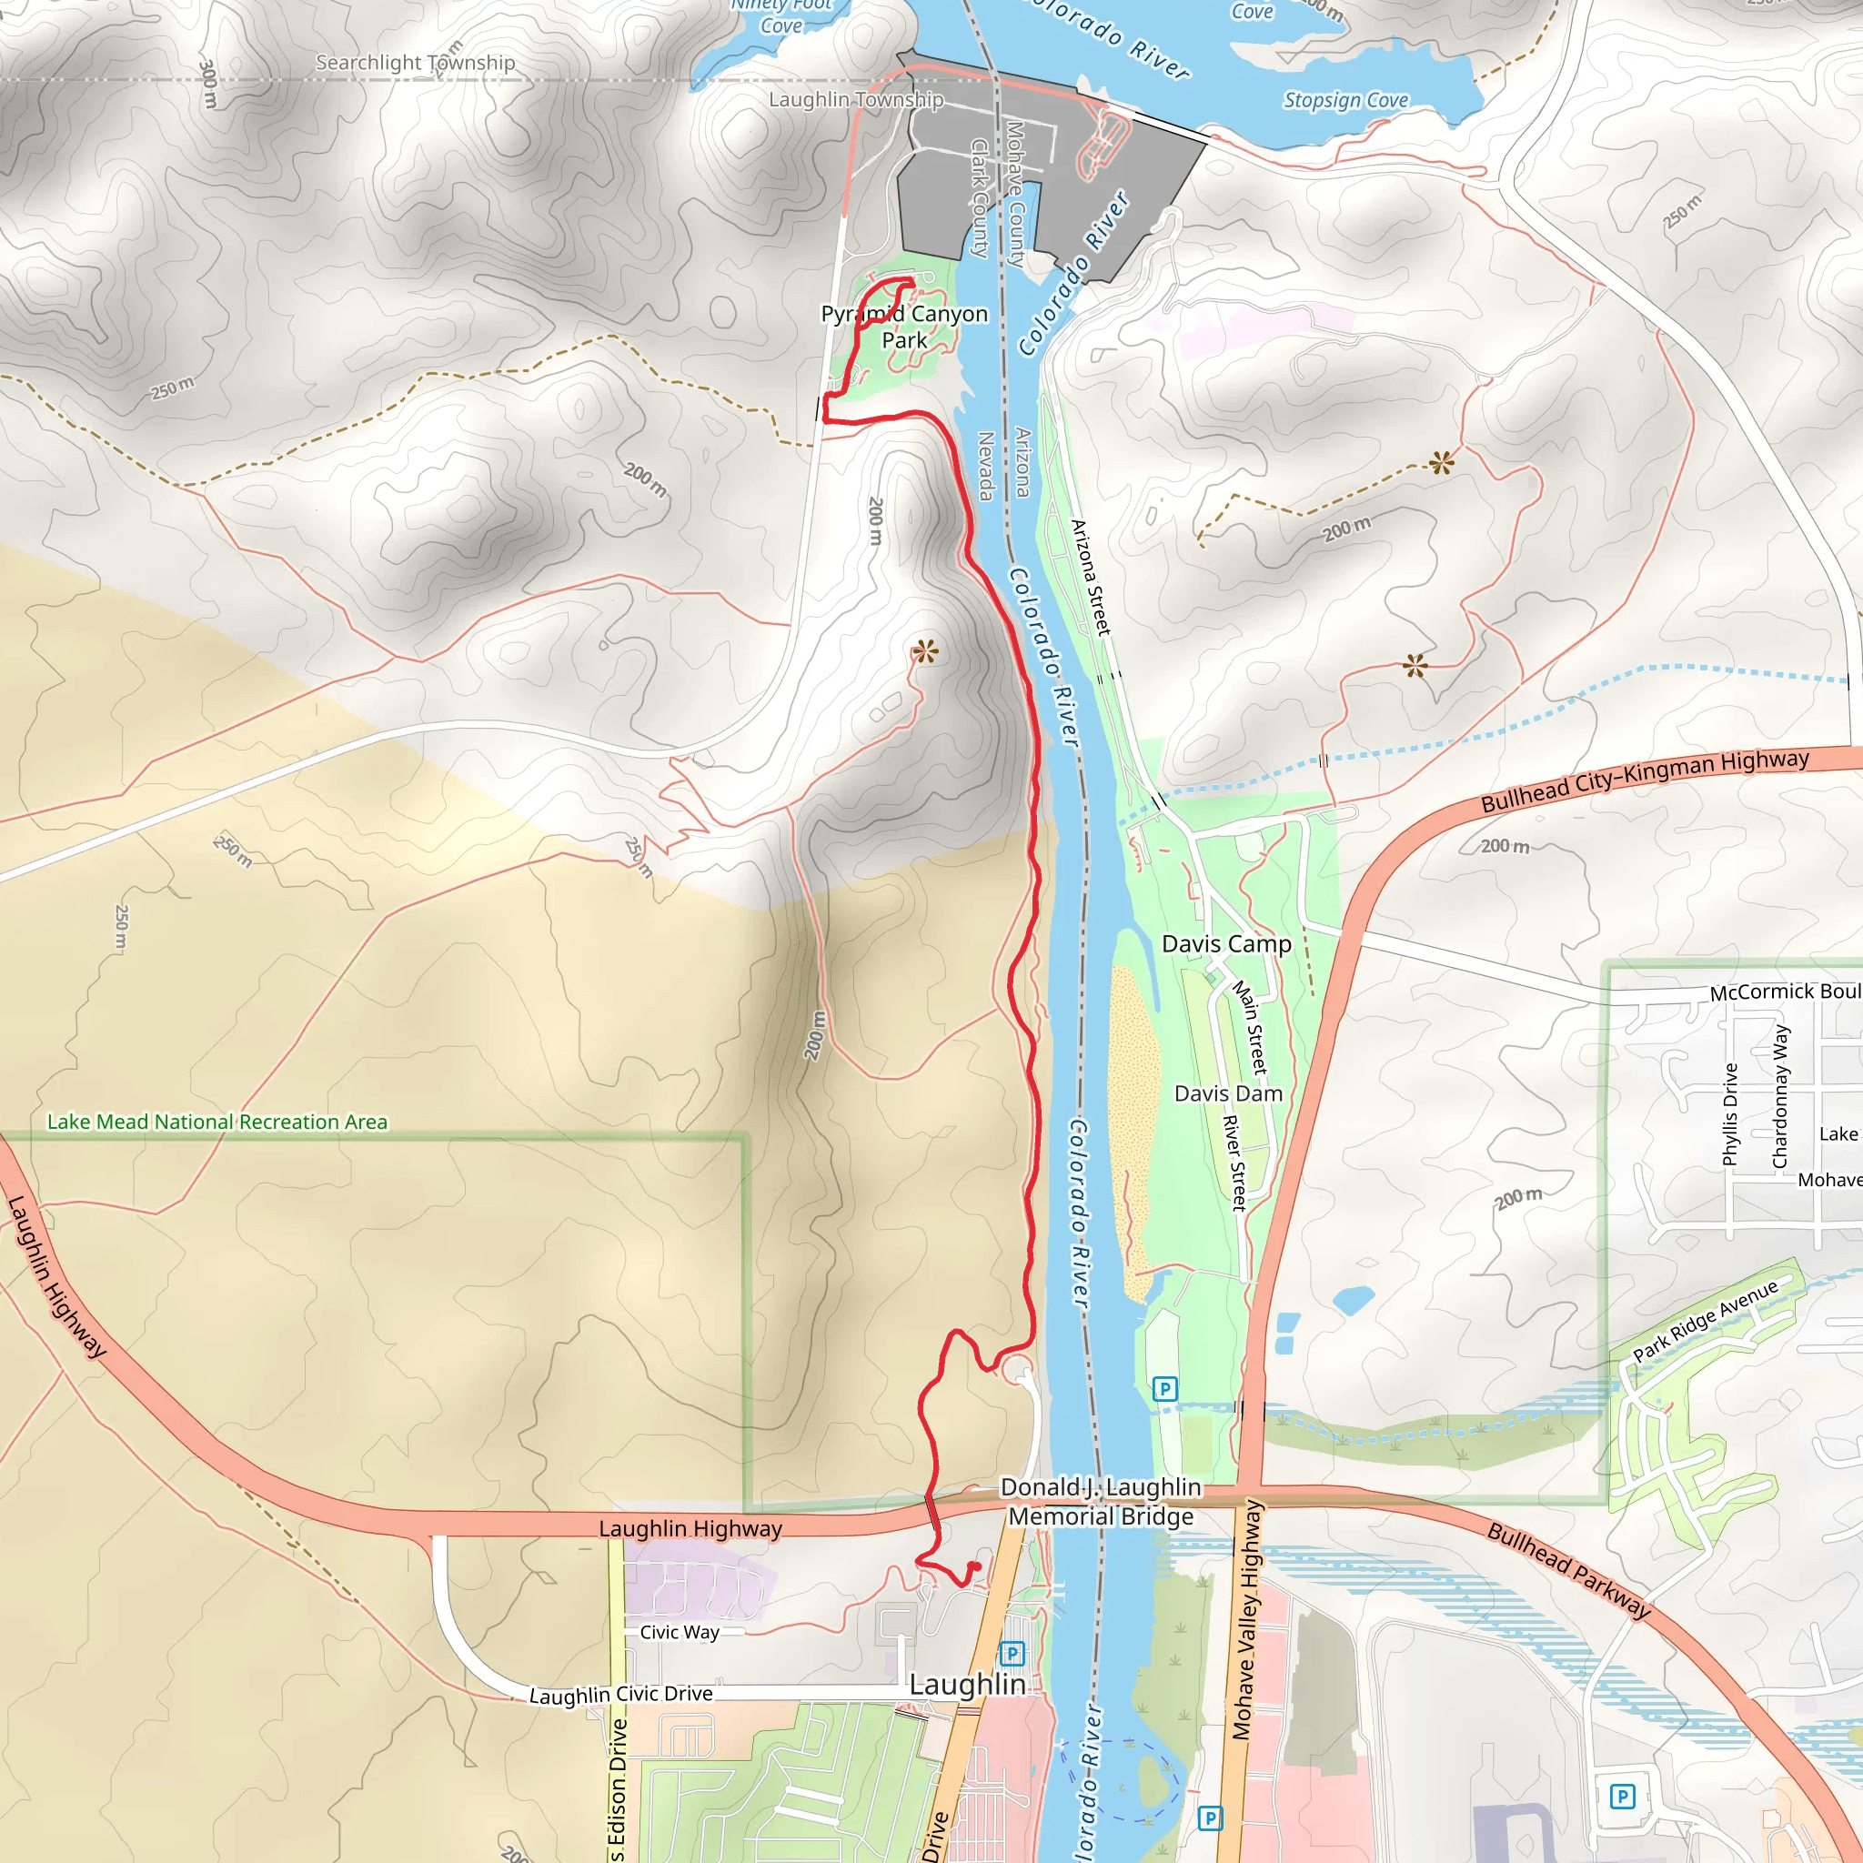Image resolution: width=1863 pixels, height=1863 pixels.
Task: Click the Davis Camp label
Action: coord(1225,944)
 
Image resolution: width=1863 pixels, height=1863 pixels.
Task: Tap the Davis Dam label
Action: coord(1227,1093)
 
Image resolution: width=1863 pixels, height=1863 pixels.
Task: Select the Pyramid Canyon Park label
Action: coord(904,327)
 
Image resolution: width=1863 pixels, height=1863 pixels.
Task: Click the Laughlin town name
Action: coord(967,1684)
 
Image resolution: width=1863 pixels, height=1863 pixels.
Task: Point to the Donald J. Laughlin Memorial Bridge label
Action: coord(1102,1501)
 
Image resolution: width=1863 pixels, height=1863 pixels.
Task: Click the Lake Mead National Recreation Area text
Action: coord(217,1122)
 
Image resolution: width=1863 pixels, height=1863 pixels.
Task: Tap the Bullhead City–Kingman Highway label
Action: coord(1645,781)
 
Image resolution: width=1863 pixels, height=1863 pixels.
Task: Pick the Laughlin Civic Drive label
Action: coord(621,1694)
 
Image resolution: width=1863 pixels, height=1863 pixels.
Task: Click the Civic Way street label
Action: coord(679,1632)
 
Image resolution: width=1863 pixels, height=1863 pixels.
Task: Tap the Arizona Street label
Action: coord(1092,578)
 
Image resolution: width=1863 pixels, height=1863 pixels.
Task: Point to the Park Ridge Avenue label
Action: coord(1705,1321)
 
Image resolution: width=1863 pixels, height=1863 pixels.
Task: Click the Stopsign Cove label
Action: coord(1345,100)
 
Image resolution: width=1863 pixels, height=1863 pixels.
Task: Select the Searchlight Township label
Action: coord(416,63)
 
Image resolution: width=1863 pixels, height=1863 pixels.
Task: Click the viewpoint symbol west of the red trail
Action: coord(925,652)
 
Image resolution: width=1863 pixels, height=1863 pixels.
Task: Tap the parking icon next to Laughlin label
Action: coord(1012,1654)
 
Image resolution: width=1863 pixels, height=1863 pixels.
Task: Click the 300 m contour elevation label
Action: coord(208,83)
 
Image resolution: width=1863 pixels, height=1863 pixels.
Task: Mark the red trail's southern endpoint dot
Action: coord(975,1567)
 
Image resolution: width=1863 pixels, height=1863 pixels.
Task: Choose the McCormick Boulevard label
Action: coord(1785,992)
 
